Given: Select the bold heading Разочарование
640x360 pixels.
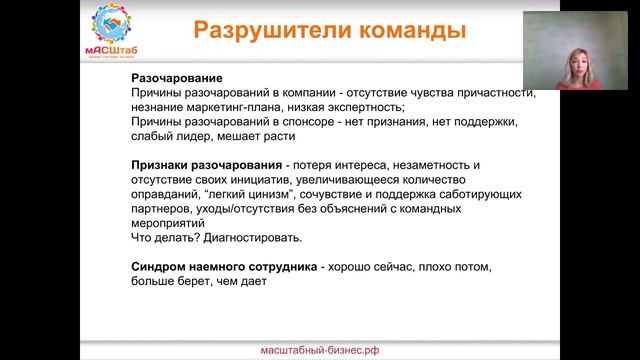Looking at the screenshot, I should [x=177, y=78].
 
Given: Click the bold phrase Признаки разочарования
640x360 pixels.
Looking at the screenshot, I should [x=206, y=164].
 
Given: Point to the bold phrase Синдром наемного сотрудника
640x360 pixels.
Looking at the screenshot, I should [x=224, y=269].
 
